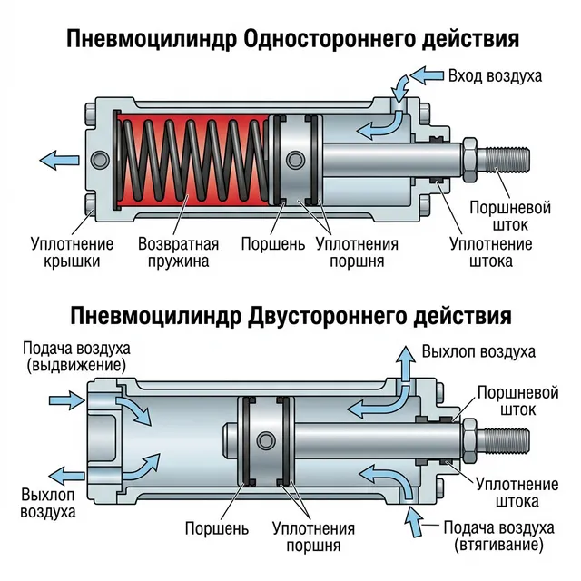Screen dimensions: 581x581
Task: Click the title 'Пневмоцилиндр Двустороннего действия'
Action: point(290,315)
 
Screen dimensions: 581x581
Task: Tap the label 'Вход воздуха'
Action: point(495,75)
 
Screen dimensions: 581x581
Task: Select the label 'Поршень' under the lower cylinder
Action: point(212,527)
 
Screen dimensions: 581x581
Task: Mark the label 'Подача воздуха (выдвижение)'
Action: point(77,357)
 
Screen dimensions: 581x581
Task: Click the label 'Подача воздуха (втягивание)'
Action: point(498,536)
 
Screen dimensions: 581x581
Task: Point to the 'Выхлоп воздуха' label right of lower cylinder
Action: point(478,350)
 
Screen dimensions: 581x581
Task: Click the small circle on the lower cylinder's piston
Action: point(264,440)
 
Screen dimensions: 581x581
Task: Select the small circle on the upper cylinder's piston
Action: point(293,161)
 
